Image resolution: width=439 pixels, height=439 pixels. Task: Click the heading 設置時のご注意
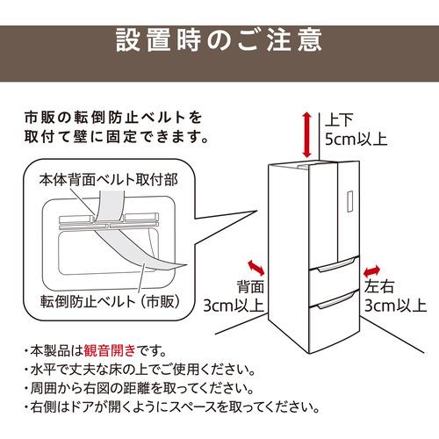pyautogui.click(x=219, y=40)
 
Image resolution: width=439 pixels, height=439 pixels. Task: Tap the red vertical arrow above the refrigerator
pyautogui.click(x=305, y=133)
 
